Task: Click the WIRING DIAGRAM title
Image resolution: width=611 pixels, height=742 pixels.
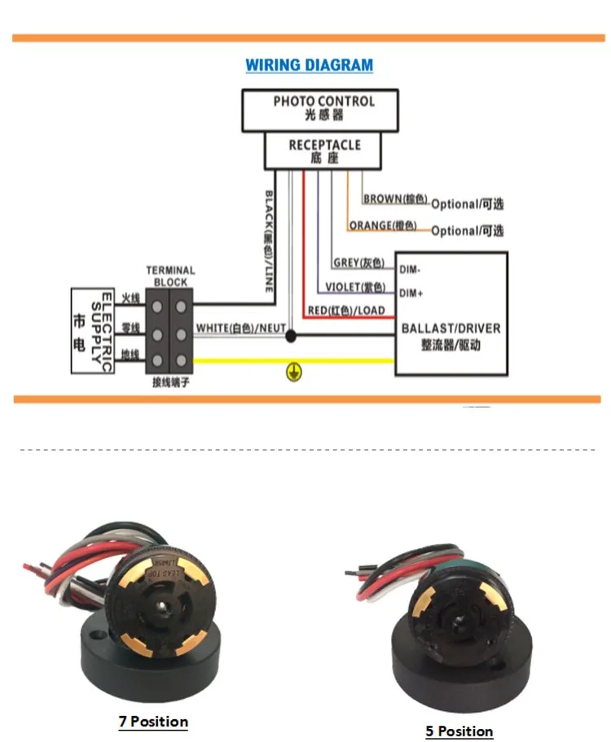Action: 310,65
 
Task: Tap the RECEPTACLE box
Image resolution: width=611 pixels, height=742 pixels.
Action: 324,151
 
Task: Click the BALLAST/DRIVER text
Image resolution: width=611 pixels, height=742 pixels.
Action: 451,329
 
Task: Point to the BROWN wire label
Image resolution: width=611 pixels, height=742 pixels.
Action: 395,199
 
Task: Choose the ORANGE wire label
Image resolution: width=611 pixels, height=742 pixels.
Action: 382,225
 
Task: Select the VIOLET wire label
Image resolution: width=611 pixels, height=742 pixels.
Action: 354,287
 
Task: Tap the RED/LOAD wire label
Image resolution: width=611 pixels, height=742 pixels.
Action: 346,311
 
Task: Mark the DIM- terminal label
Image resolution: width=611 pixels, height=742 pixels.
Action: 411,268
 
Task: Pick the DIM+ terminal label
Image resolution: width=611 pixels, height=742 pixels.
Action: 412,292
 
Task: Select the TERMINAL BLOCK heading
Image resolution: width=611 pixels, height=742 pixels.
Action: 170,277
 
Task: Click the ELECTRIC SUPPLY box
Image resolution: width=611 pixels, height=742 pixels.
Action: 91,330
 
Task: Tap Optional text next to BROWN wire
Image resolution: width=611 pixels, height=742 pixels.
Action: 467,203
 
